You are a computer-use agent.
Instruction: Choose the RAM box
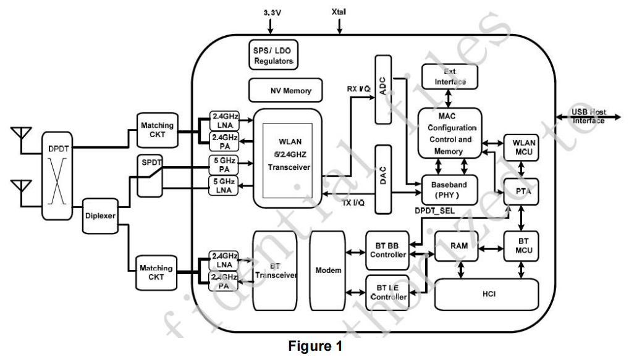(458, 246)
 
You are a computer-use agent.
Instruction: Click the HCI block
(487, 295)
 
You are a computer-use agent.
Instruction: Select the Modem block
(329, 271)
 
